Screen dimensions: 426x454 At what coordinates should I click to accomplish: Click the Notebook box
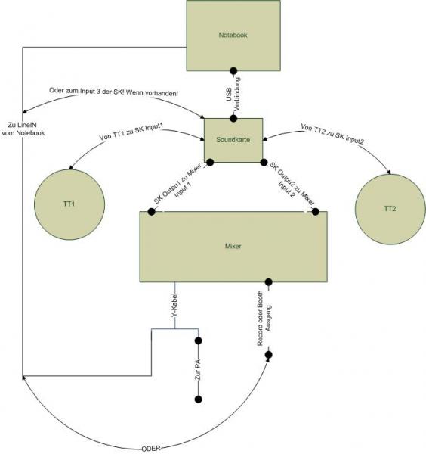[x=233, y=36]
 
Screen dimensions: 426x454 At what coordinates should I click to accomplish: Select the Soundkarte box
[x=233, y=140]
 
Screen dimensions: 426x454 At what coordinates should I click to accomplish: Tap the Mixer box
[x=233, y=247]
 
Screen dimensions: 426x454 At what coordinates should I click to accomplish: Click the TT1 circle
[x=69, y=204]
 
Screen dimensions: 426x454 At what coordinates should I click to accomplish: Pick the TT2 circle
[x=390, y=210]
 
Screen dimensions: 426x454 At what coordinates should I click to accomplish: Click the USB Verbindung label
[x=233, y=94]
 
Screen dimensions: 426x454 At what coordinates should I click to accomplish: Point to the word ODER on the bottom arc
[x=151, y=449]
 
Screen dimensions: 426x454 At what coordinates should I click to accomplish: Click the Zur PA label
[x=198, y=370]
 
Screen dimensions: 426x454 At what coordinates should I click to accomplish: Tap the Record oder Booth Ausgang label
[x=264, y=318]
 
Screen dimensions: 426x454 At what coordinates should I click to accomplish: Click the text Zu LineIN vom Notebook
[x=23, y=129]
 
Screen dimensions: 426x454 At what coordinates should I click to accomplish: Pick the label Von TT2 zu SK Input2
[x=332, y=134]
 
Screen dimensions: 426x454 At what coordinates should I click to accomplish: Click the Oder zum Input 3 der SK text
[x=113, y=92]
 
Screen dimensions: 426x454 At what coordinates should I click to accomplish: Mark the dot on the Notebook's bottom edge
[x=233, y=70]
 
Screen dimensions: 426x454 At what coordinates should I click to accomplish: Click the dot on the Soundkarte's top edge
[x=233, y=119]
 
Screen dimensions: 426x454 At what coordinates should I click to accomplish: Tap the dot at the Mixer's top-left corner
[x=151, y=212]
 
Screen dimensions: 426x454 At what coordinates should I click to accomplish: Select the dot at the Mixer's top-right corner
[x=315, y=212]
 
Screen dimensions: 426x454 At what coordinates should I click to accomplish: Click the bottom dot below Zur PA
[x=198, y=400]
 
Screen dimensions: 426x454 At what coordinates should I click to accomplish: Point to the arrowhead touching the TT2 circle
[x=389, y=172]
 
